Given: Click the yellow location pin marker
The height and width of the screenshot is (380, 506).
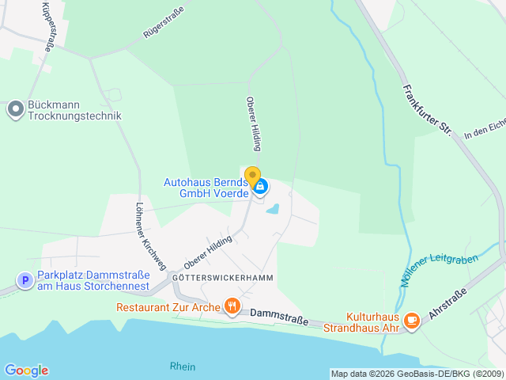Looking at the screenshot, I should [252, 177].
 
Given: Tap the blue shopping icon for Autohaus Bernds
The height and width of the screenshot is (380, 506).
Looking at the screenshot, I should [261, 187].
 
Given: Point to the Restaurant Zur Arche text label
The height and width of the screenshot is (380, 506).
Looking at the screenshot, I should [168, 306].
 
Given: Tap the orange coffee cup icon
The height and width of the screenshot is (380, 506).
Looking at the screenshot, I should [411, 320].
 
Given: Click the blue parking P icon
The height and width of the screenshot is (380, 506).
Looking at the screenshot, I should [25, 280].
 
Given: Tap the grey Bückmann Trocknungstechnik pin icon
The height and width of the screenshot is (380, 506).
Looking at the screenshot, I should [15, 109].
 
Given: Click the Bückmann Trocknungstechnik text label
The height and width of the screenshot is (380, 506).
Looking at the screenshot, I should [74, 110].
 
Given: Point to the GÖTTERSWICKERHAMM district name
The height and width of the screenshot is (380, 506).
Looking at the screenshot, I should [212, 279].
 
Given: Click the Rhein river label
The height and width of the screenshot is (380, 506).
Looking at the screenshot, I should [182, 367].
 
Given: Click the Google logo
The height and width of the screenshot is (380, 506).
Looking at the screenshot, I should [26, 370].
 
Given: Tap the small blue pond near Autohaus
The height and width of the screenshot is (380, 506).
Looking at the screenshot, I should [273, 210].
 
